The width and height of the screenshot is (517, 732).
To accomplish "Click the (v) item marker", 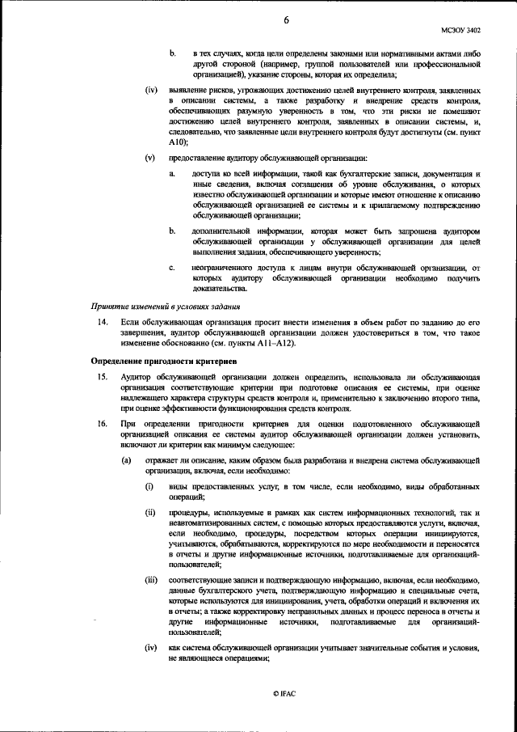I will [149, 157].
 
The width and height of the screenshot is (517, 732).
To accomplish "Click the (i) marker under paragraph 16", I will [149, 489].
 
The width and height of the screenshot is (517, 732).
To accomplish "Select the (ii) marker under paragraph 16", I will [149, 513].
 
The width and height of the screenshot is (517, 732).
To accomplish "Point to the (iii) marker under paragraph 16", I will [150, 581].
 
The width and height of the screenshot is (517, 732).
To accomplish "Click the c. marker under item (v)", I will [171, 266].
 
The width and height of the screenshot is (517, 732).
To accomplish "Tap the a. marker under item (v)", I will [171, 174].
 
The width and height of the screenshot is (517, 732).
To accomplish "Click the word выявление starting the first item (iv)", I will [188, 89].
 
